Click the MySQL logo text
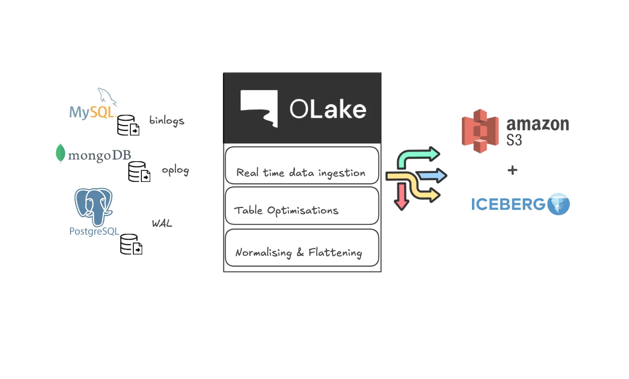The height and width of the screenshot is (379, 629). (x=92, y=112)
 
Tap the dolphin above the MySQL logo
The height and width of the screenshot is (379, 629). (x=106, y=96)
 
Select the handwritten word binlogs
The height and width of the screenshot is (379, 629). (x=167, y=121)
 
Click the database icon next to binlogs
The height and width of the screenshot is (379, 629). (x=128, y=125)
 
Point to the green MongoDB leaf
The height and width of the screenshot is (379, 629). (x=61, y=153)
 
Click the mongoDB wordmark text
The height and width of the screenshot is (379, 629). (x=100, y=156)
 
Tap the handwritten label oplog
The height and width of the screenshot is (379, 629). (x=175, y=170)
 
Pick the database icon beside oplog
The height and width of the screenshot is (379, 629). (x=139, y=172)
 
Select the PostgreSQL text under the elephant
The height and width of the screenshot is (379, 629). (x=94, y=231)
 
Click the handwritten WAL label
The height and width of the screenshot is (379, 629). (x=162, y=224)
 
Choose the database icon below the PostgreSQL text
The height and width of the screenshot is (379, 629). (x=131, y=244)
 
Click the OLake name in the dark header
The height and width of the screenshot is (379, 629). (x=328, y=109)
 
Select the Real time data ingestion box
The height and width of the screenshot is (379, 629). (x=302, y=165)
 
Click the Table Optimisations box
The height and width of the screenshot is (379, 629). (x=302, y=206)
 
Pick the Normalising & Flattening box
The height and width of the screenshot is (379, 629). (x=302, y=248)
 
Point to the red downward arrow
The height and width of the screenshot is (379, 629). (x=401, y=196)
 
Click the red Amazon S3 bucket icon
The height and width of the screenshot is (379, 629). (x=480, y=131)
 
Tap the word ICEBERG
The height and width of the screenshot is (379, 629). (x=508, y=205)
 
